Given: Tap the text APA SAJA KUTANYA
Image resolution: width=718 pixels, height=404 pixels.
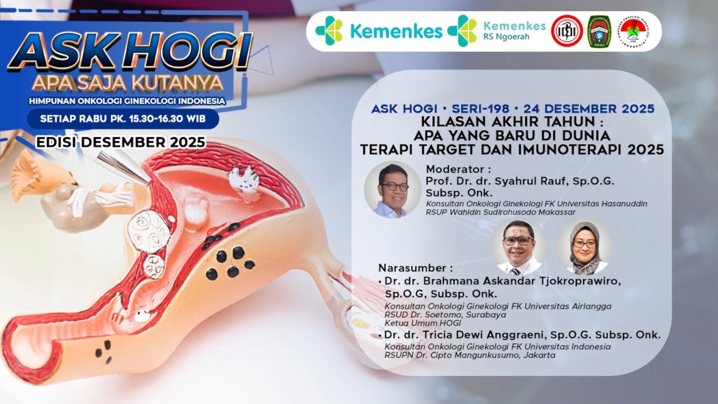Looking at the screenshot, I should (127, 84).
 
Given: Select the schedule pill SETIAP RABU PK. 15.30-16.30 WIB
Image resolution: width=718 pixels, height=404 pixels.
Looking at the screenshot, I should (123, 119).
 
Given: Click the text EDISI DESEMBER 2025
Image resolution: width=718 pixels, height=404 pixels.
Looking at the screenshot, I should (121, 143).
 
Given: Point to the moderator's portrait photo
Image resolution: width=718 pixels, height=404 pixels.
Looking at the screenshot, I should (393, 190).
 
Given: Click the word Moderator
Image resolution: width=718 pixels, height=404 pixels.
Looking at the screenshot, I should (458, 169).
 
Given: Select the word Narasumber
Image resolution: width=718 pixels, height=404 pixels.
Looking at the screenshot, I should (415, 267).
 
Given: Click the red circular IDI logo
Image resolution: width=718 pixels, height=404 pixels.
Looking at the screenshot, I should (567, 31).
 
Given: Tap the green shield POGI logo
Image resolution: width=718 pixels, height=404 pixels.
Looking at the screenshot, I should (599, 31).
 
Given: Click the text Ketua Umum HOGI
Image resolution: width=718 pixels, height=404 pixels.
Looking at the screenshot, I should (422, 323).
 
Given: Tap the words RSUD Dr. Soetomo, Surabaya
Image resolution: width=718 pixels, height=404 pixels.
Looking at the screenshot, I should (445, 314).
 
